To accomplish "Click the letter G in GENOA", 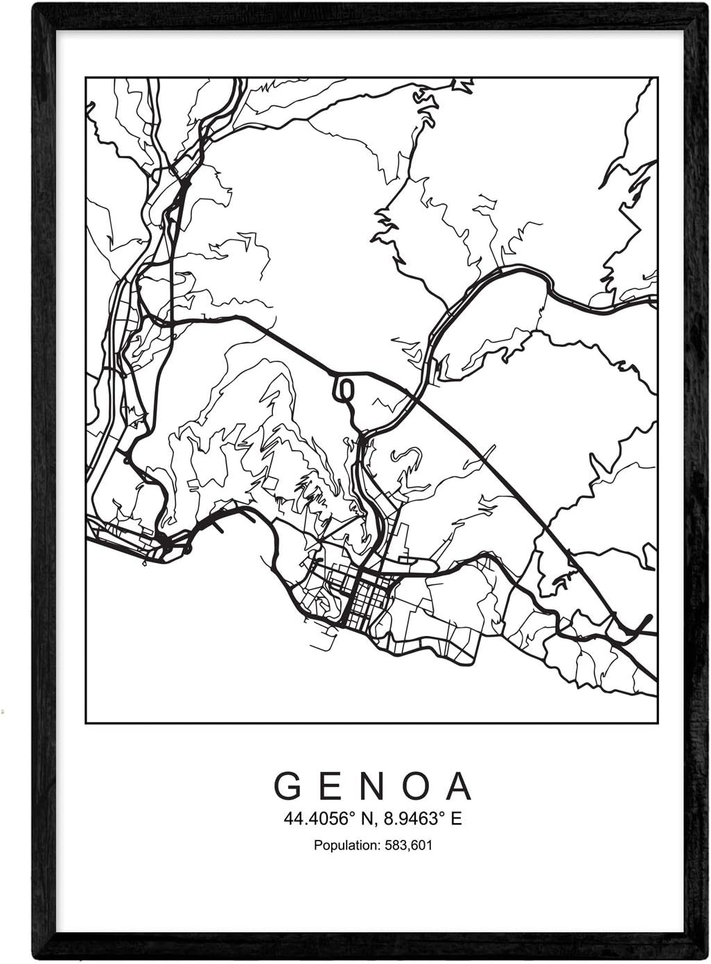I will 287,786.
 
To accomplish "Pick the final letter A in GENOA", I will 458,786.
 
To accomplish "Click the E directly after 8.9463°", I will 455,819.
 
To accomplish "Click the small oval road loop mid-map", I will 344,390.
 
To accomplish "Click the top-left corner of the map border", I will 85,78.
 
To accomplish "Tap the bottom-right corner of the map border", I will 657,723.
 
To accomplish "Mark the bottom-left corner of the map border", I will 85,723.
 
